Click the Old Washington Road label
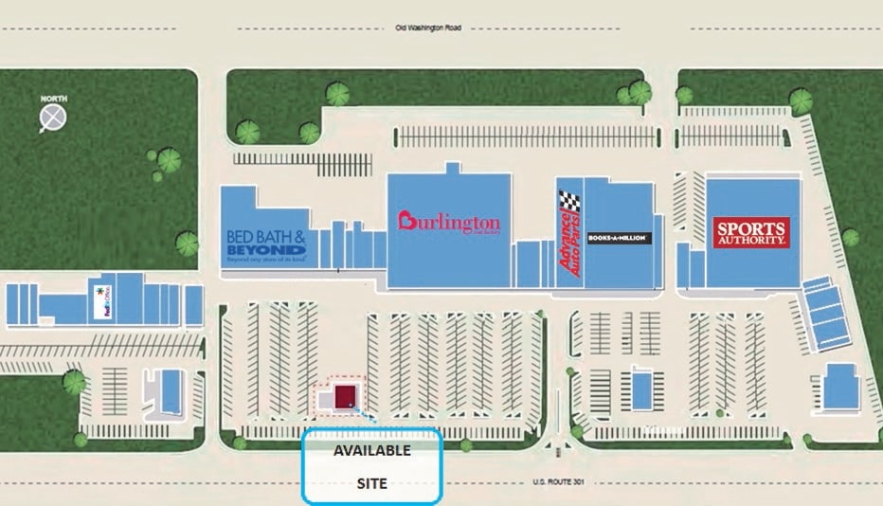(x=427, y=28)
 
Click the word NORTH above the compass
(x=54, y=99)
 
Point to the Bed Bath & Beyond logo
(x=265, y=245)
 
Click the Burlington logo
(x=448, y=223)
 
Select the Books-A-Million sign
(x=620, y=237)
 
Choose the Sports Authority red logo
(x=751, y=232)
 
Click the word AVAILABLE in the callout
(x=371, y=451)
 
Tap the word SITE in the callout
(x=371, y=483)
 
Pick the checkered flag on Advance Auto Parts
(x=569, y=201)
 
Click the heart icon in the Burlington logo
(x=406, y=221)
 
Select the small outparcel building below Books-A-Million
(x=642, y=388)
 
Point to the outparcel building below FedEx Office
(x=171, y=390)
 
